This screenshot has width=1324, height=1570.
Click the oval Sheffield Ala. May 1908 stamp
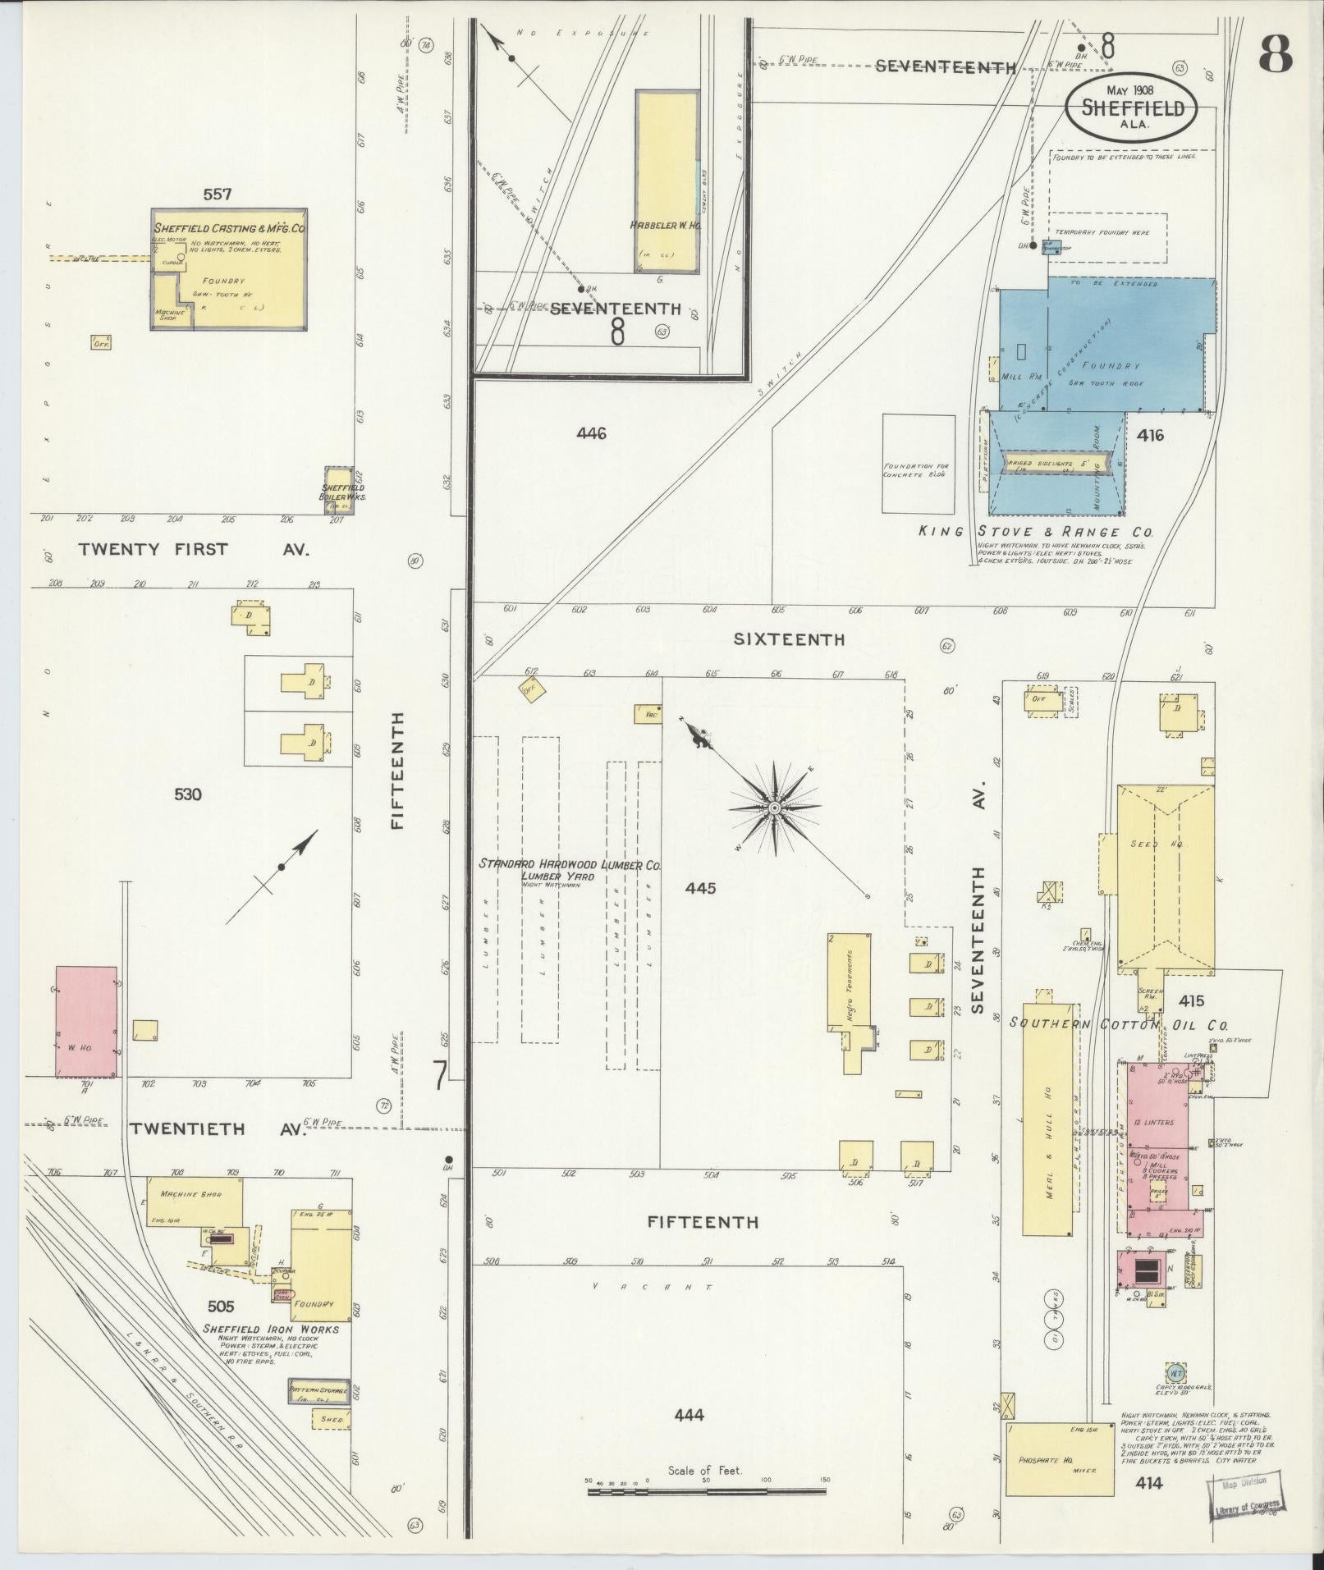point(1130,108)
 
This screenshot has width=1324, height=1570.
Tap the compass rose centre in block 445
point(774,808)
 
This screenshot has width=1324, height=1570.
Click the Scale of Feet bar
point(708,1490)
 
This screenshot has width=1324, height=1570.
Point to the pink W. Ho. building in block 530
point(86,1021)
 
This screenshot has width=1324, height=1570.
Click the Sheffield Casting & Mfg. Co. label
point(229,229)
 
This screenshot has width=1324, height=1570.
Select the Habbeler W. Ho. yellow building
point(667,181)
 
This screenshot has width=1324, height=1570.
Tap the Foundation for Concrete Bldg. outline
point(919,464)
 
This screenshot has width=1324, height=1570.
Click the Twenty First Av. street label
point(193,550)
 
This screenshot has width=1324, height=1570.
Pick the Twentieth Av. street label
point(217,1129)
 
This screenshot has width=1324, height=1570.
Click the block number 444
point(689,1414)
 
